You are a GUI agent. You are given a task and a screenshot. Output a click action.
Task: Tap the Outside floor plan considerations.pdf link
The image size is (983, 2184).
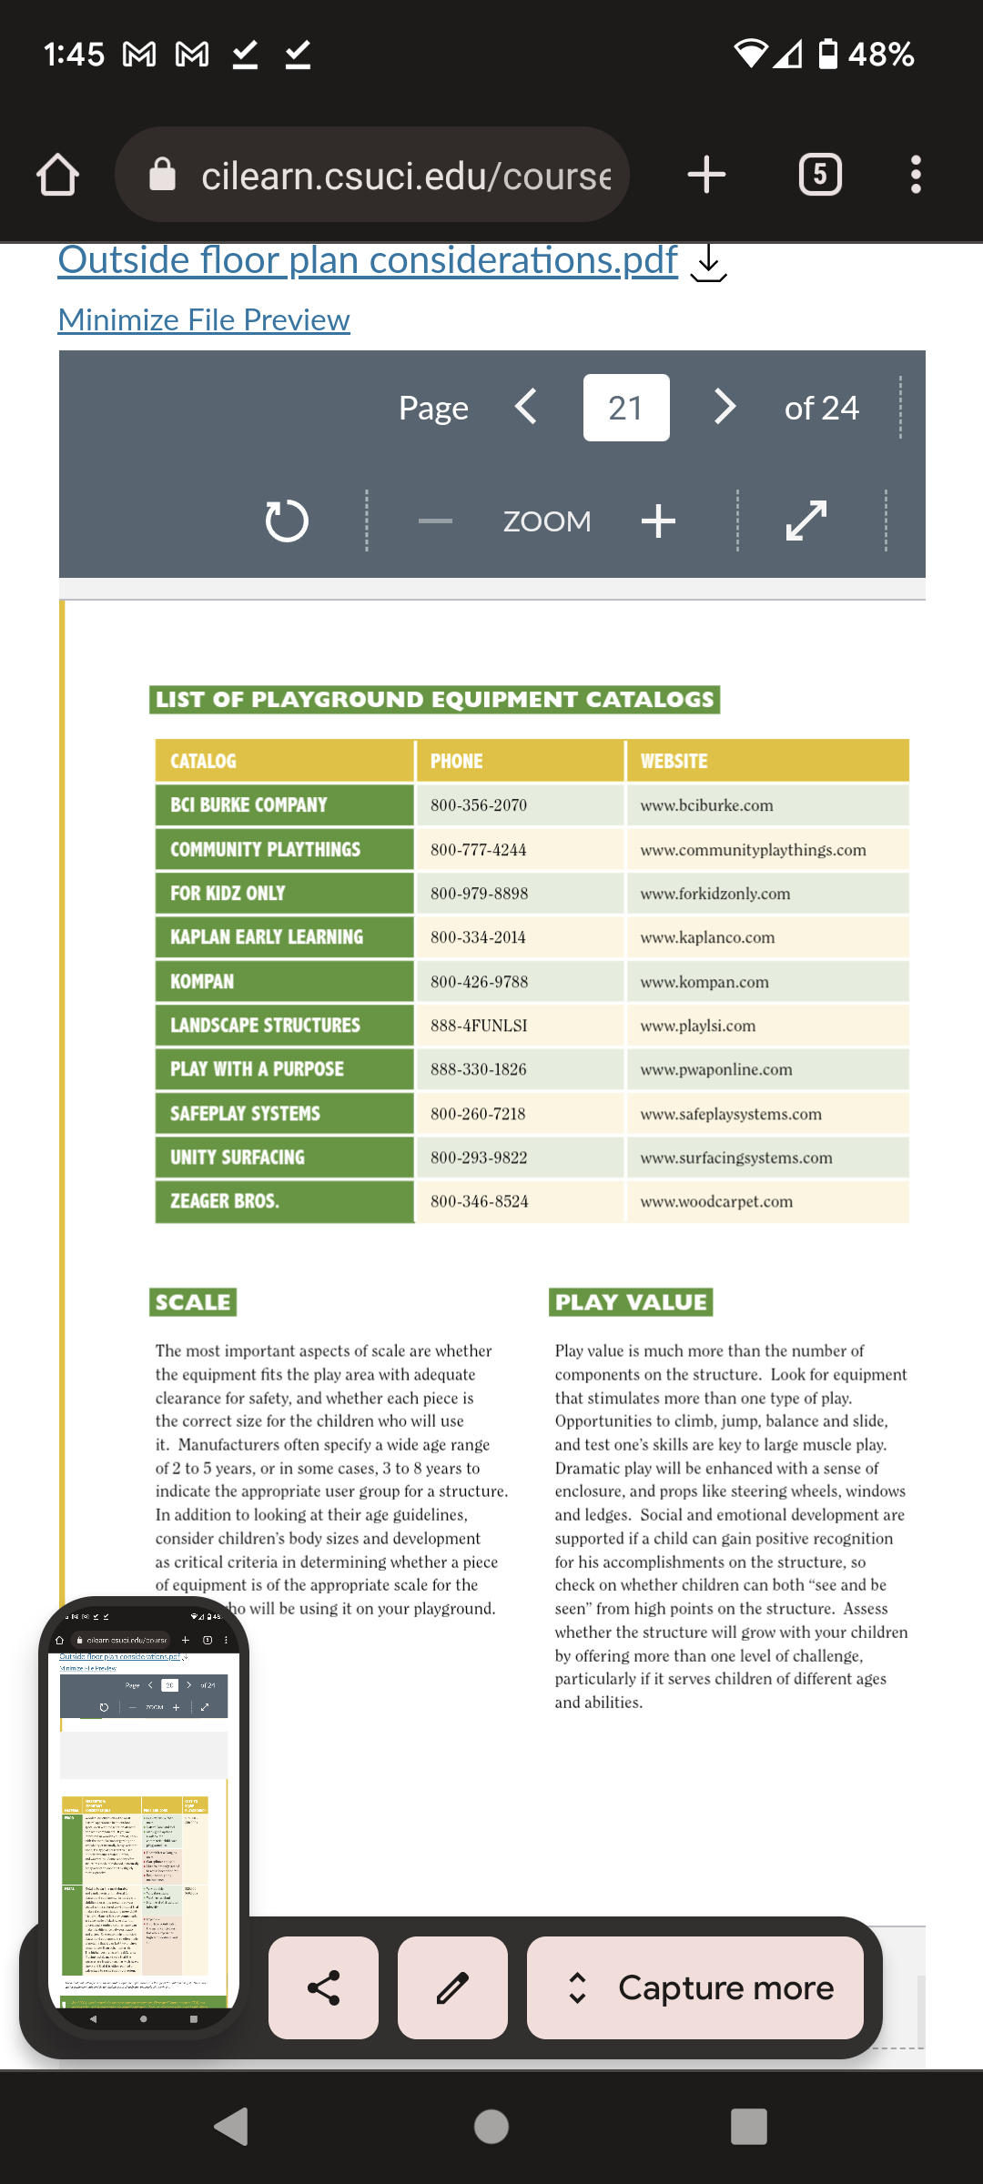point(368,261)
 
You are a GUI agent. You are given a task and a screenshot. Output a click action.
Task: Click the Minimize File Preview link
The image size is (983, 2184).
point(204,320)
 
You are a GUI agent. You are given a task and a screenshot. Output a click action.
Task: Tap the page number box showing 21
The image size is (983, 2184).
point(625,408)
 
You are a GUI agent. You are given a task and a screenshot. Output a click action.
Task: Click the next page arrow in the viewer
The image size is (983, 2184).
point(725,407)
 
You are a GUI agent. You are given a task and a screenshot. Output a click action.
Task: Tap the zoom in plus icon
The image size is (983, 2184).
point(658,521)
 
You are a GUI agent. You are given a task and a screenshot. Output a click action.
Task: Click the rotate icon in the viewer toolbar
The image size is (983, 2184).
point(286,521)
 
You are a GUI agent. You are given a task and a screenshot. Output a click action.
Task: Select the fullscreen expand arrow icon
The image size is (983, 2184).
point(806,521)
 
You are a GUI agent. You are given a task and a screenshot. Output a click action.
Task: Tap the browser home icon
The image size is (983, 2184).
point(57,175)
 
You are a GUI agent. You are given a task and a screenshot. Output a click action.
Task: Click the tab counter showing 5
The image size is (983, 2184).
point(819,175)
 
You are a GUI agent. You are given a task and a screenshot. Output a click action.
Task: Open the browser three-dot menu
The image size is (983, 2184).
point(916,175)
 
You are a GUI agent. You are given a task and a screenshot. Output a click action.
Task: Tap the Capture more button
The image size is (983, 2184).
point(695,1987)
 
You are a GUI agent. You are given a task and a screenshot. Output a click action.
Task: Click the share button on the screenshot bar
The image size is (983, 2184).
point(323,1987)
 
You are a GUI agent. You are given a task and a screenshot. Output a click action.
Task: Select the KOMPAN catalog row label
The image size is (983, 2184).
point(202,982)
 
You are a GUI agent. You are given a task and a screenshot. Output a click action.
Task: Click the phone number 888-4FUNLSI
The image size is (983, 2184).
point(479,1026)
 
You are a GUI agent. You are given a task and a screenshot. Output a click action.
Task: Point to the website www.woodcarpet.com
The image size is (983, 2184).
point(716,1201)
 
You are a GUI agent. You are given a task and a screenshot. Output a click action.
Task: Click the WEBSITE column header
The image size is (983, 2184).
point(674,761)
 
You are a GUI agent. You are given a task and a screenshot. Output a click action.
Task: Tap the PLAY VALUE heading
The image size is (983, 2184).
point(631,1302)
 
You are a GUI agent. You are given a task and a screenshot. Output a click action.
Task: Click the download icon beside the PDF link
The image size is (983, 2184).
point(708,264)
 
